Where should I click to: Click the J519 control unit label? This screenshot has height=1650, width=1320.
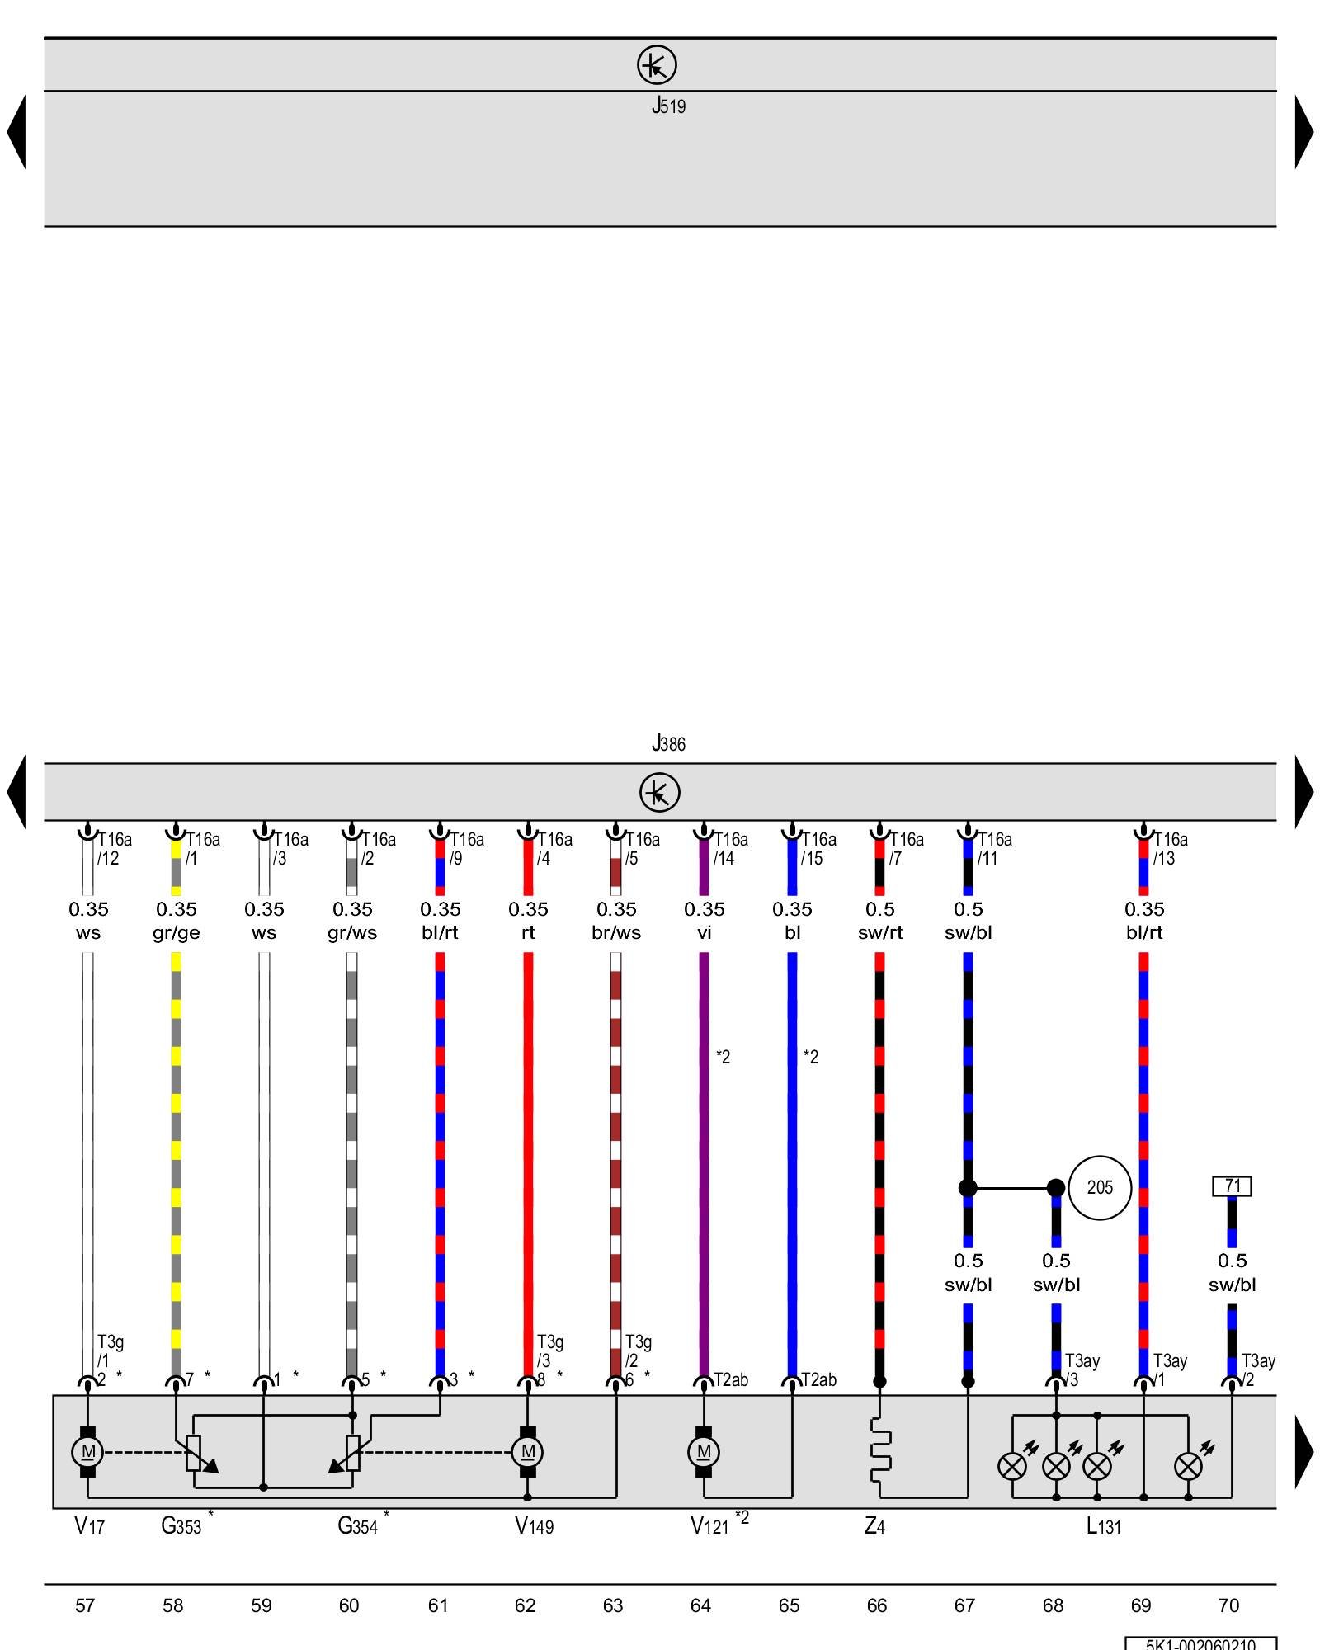click(668, 106)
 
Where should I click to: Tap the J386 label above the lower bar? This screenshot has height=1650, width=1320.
click(668, 743)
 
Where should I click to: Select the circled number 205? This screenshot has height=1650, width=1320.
click(1100, 1188)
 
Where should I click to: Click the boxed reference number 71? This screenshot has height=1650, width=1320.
click(1232, 1186)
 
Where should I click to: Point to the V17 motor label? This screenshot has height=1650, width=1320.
click(89, 1526)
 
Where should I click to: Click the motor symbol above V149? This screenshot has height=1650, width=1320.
click(528, 1452)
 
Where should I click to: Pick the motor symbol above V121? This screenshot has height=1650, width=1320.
click(704, 1452)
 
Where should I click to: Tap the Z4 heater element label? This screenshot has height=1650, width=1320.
click(874, 1526)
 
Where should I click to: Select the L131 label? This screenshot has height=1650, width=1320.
click(1104, 1526)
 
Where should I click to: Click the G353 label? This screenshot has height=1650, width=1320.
click(181, 1526)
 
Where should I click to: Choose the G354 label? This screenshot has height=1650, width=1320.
click(357, 1526)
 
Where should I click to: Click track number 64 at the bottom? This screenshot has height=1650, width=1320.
click(701, 1605)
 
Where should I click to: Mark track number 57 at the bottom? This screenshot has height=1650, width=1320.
click(85, 1605)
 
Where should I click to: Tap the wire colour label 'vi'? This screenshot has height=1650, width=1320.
click(704, 932)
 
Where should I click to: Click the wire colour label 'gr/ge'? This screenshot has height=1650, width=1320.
click(177, 933)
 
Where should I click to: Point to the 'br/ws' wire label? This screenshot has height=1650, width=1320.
click(616, 932)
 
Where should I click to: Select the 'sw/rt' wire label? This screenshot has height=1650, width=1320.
click(880, 932)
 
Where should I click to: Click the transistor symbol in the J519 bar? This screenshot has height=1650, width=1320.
click(657, 64)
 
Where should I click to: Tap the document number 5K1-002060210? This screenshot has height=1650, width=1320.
click(1200, 1643)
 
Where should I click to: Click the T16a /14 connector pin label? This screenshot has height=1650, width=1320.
click(731, 848)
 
